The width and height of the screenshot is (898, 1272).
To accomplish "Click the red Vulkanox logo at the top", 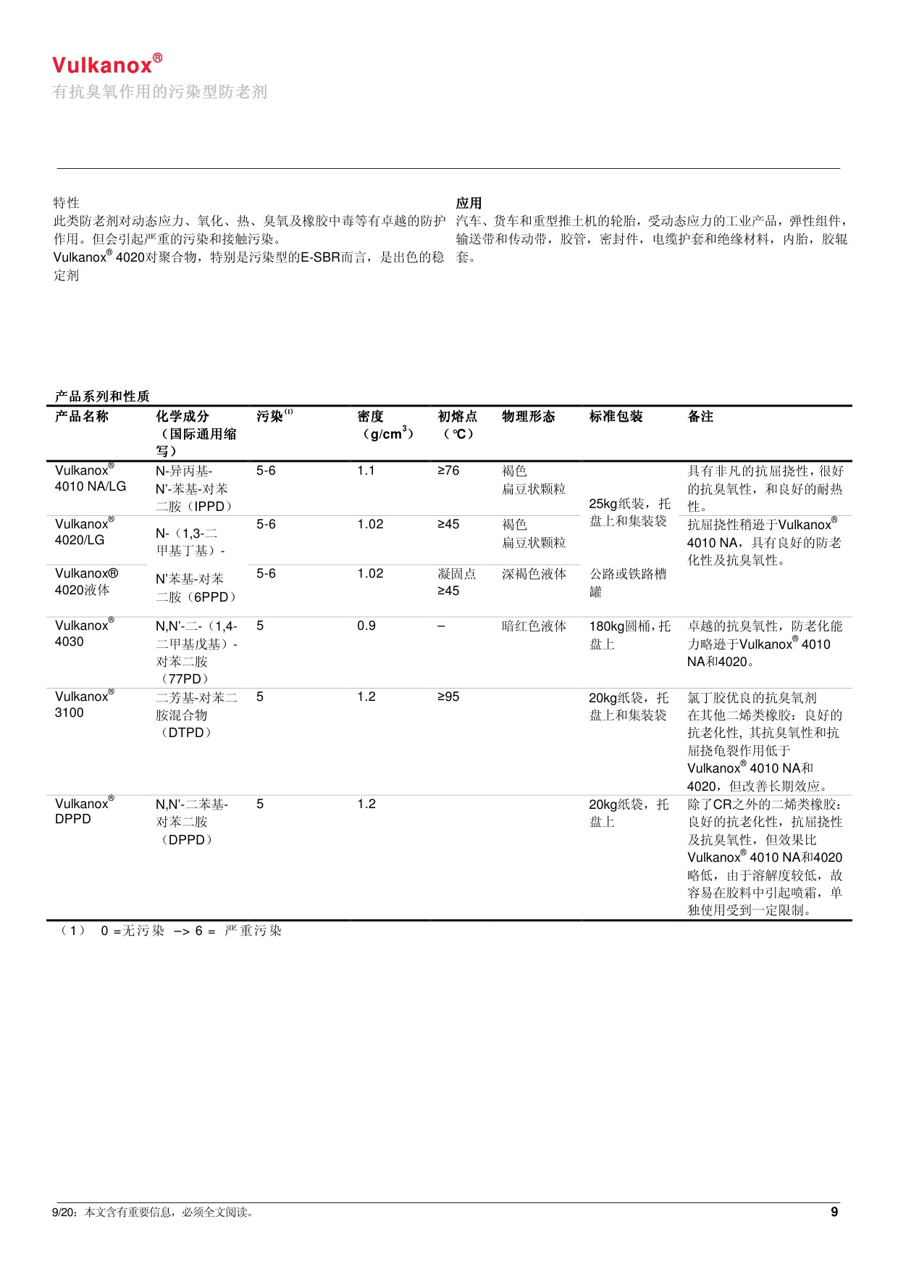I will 106,65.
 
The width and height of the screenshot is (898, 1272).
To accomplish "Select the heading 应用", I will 469,203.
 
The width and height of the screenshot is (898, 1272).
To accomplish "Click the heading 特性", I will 66,203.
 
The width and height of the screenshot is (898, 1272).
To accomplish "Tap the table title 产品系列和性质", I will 102,396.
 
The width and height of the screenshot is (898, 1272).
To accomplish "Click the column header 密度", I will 370,417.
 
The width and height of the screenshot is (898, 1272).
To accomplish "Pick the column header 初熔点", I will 457,417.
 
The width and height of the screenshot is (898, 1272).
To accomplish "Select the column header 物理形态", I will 528,417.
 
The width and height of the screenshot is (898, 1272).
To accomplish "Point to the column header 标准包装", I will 616,417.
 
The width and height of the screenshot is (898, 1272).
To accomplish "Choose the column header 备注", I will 700,417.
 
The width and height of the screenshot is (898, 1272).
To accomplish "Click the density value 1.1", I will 366,471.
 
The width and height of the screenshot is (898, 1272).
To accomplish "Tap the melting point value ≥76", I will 448,471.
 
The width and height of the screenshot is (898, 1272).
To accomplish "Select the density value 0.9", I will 366,626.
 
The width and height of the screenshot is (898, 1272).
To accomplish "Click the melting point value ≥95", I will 448,697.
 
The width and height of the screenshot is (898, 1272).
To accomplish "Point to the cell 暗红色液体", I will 534,626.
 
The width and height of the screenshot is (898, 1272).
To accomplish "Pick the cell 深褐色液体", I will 534,574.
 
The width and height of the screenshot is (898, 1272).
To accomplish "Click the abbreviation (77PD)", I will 185,679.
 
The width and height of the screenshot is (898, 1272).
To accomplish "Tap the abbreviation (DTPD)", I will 186,733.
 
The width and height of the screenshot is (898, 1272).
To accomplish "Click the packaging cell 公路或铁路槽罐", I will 627,583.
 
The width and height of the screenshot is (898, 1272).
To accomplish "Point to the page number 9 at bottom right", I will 834,1212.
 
